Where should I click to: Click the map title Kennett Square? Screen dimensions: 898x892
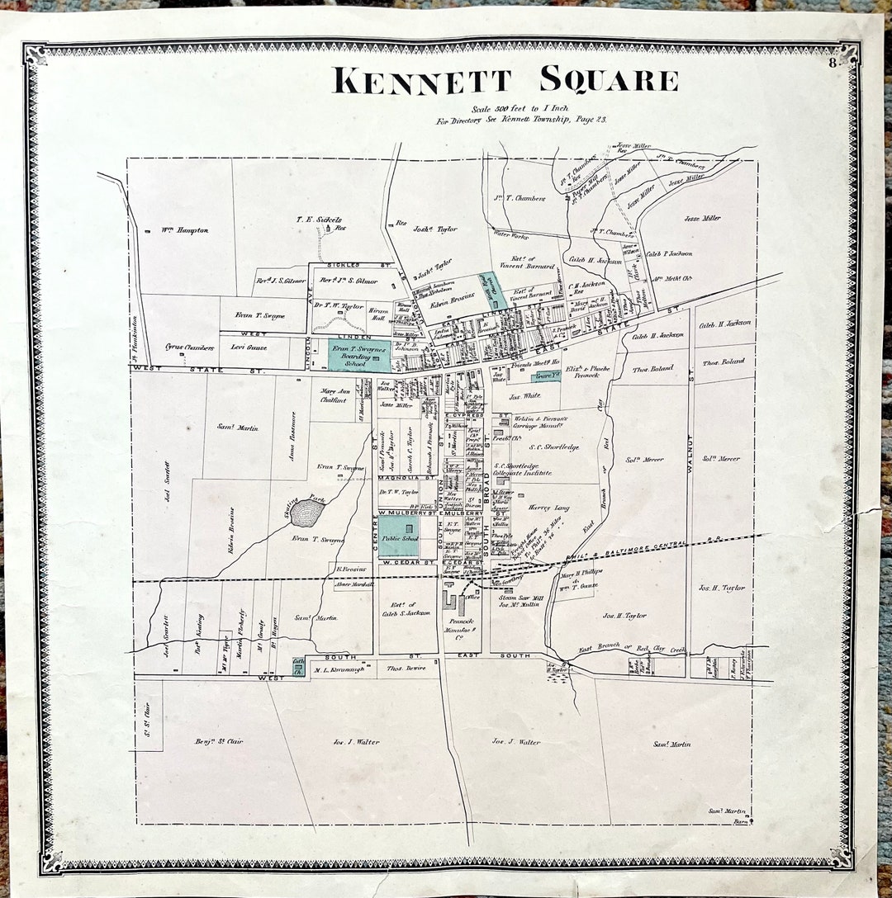pyautogui.click(x=505, y=80)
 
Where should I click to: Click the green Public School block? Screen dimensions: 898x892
pyautogui.click(x=398, y=537)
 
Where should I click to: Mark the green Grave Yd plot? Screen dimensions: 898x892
pyautogui.click(x=546, y=376)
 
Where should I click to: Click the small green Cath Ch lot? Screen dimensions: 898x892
pyautogui.click(x=297, y=667)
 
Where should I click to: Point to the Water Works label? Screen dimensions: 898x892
pyautogui.click(x=509, y=234)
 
